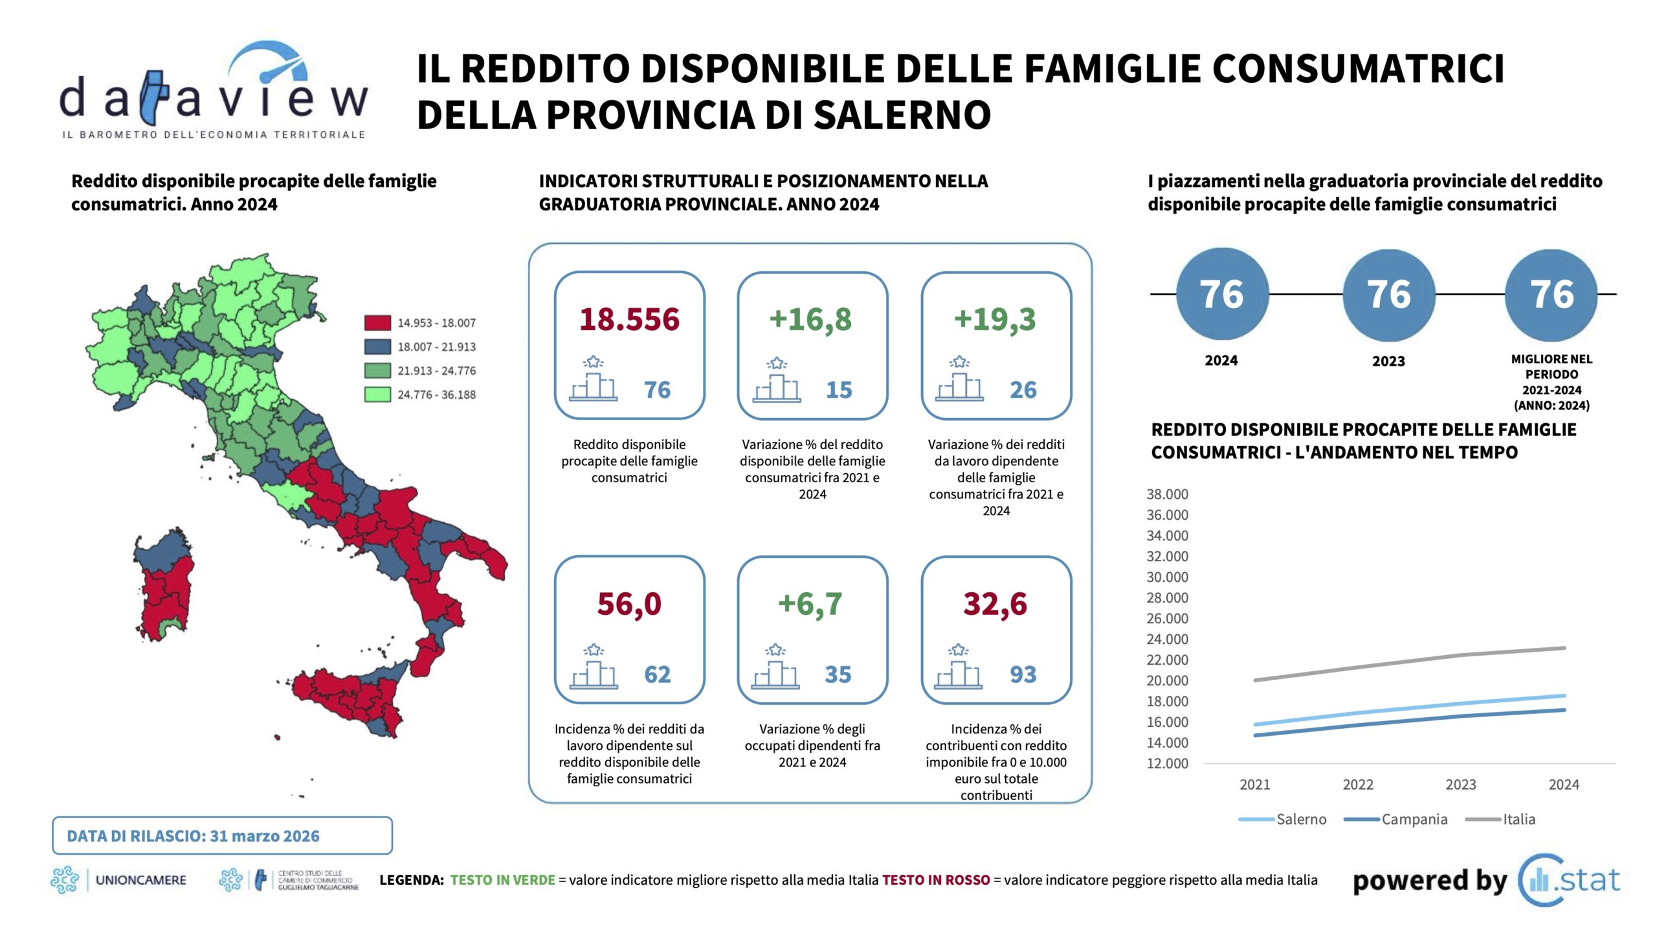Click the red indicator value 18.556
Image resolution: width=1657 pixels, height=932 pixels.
629,319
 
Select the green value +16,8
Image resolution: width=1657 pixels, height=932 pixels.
810,319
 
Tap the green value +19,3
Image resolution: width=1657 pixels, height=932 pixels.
995,319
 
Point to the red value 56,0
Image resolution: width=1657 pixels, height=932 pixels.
629,604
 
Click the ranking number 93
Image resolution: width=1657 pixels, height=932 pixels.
1023,674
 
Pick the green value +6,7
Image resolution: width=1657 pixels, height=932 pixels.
810,604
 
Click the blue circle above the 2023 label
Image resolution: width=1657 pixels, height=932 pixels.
1388,294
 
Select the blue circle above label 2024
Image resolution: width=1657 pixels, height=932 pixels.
1221,294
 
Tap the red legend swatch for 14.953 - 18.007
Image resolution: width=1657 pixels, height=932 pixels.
377,322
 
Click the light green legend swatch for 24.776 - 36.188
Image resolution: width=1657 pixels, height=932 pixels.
377,394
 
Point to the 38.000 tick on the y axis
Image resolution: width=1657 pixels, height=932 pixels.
1167,494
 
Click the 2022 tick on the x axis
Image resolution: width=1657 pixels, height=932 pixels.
1357,784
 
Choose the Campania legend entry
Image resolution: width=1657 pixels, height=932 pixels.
1414,819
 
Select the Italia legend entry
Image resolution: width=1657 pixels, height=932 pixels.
1518,819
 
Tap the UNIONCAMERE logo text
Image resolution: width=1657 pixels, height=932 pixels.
140,880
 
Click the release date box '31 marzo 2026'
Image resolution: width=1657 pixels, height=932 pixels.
222,836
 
